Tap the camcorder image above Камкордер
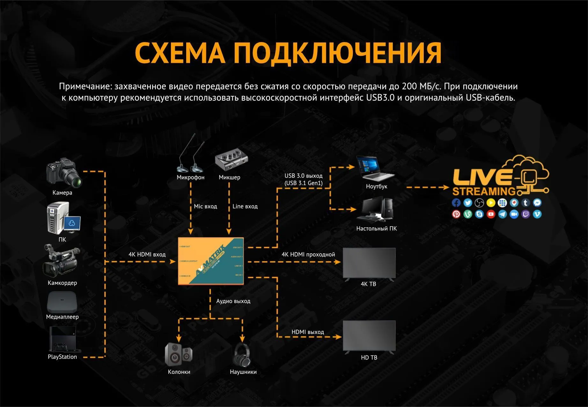pyautogui.click(x=61, y=261)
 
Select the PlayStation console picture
pyautogui.click(x=62, y=339)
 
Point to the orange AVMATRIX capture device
pyautogui.click(x=211, y=261)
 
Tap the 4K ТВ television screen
pyautogui.click(x=369, y=263)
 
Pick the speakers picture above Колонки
pyautogui.click(x=179, y=354)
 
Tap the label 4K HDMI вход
pyautogui.click(x=147, y=254)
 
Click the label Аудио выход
pyautogui.click(x=233, y=301)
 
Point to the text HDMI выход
pyautogui.click(x=308, y=332)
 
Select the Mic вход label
pyautogui.click(x=205, y=206)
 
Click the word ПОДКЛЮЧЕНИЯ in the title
pyautogui.click(x=338, y=53)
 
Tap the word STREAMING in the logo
pyautogui.click(x=484, y=191)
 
